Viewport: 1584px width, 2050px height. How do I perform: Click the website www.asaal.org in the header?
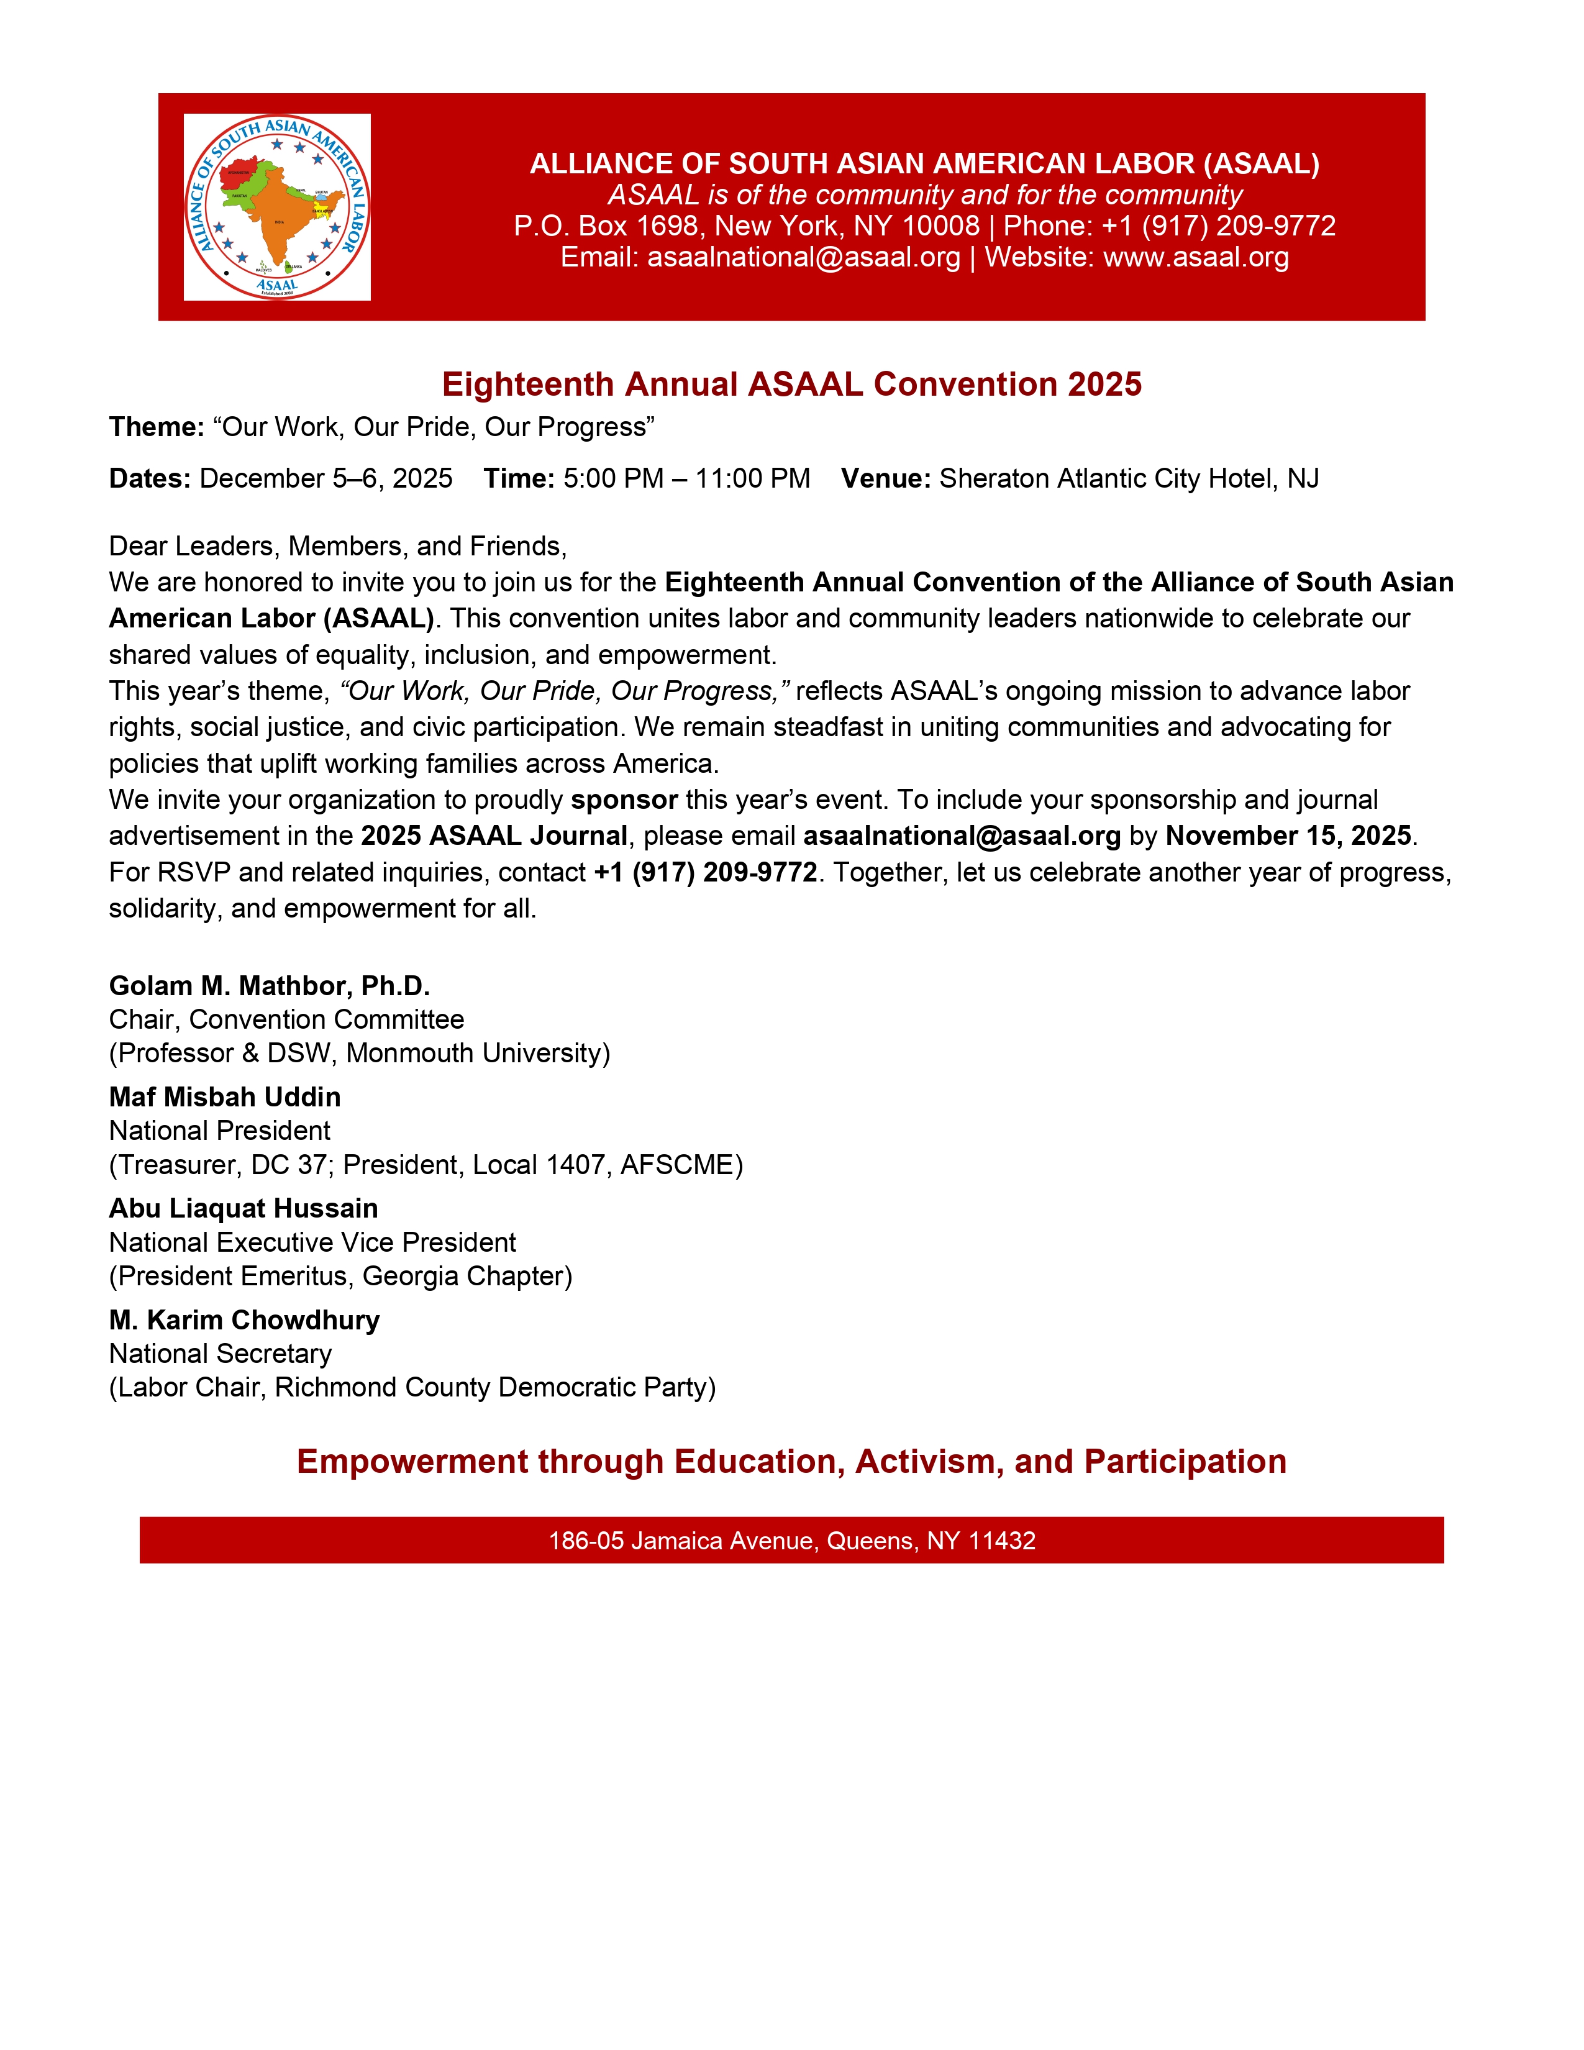[1196, 257]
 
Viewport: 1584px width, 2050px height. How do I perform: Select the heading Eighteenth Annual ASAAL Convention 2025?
[791, 384]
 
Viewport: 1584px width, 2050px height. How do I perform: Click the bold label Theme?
[157, 427]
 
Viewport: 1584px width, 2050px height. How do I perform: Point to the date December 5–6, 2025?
[325, 479]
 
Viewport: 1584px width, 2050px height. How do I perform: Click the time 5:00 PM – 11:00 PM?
[686, 479]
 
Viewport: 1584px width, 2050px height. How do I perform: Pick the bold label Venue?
[885, 479]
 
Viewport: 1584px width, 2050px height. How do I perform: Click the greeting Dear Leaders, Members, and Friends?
[338, 546]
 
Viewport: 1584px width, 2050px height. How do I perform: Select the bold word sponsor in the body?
[624, 799]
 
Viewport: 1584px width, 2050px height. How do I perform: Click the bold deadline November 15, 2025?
[1288, 836]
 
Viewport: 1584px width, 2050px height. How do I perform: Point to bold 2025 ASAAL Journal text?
[494, 836]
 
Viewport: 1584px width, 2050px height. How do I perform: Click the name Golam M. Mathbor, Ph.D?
[270, 986]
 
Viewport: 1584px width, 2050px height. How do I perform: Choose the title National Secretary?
[221, 1354]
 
